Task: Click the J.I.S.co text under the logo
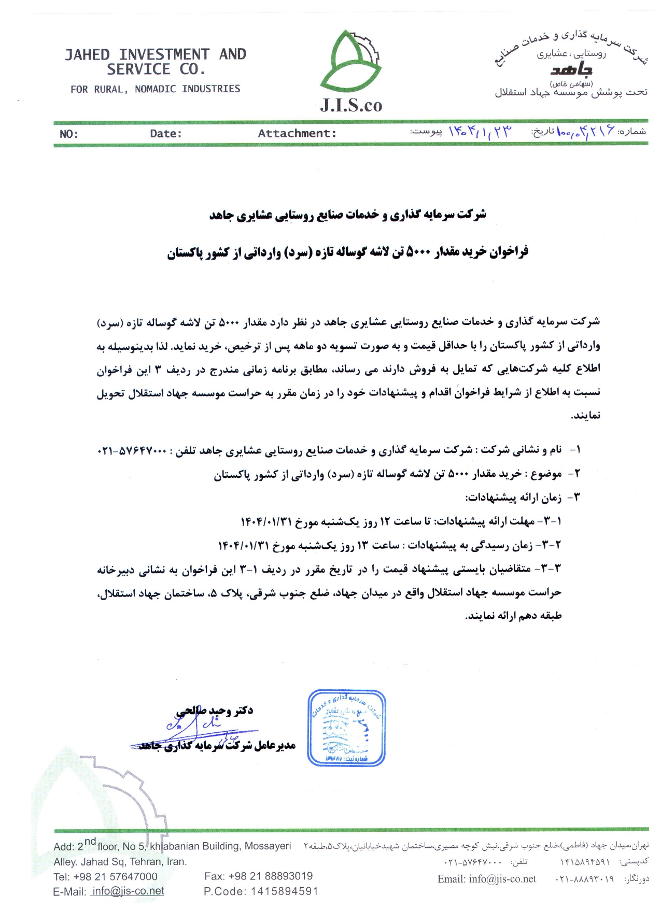[350, 106]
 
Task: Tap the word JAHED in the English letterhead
[87, 54]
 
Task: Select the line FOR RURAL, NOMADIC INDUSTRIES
[155, 89]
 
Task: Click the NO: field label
[68, 134]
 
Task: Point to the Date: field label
[166, 133]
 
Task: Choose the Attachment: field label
[297, 133]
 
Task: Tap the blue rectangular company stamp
[346, 728]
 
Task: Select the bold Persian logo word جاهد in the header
[571, 69]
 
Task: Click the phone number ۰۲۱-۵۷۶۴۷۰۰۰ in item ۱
[132, 451]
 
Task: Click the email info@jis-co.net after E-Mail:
[128, 891]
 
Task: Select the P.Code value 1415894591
[284, 891]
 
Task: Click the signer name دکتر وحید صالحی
[215, 711]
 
